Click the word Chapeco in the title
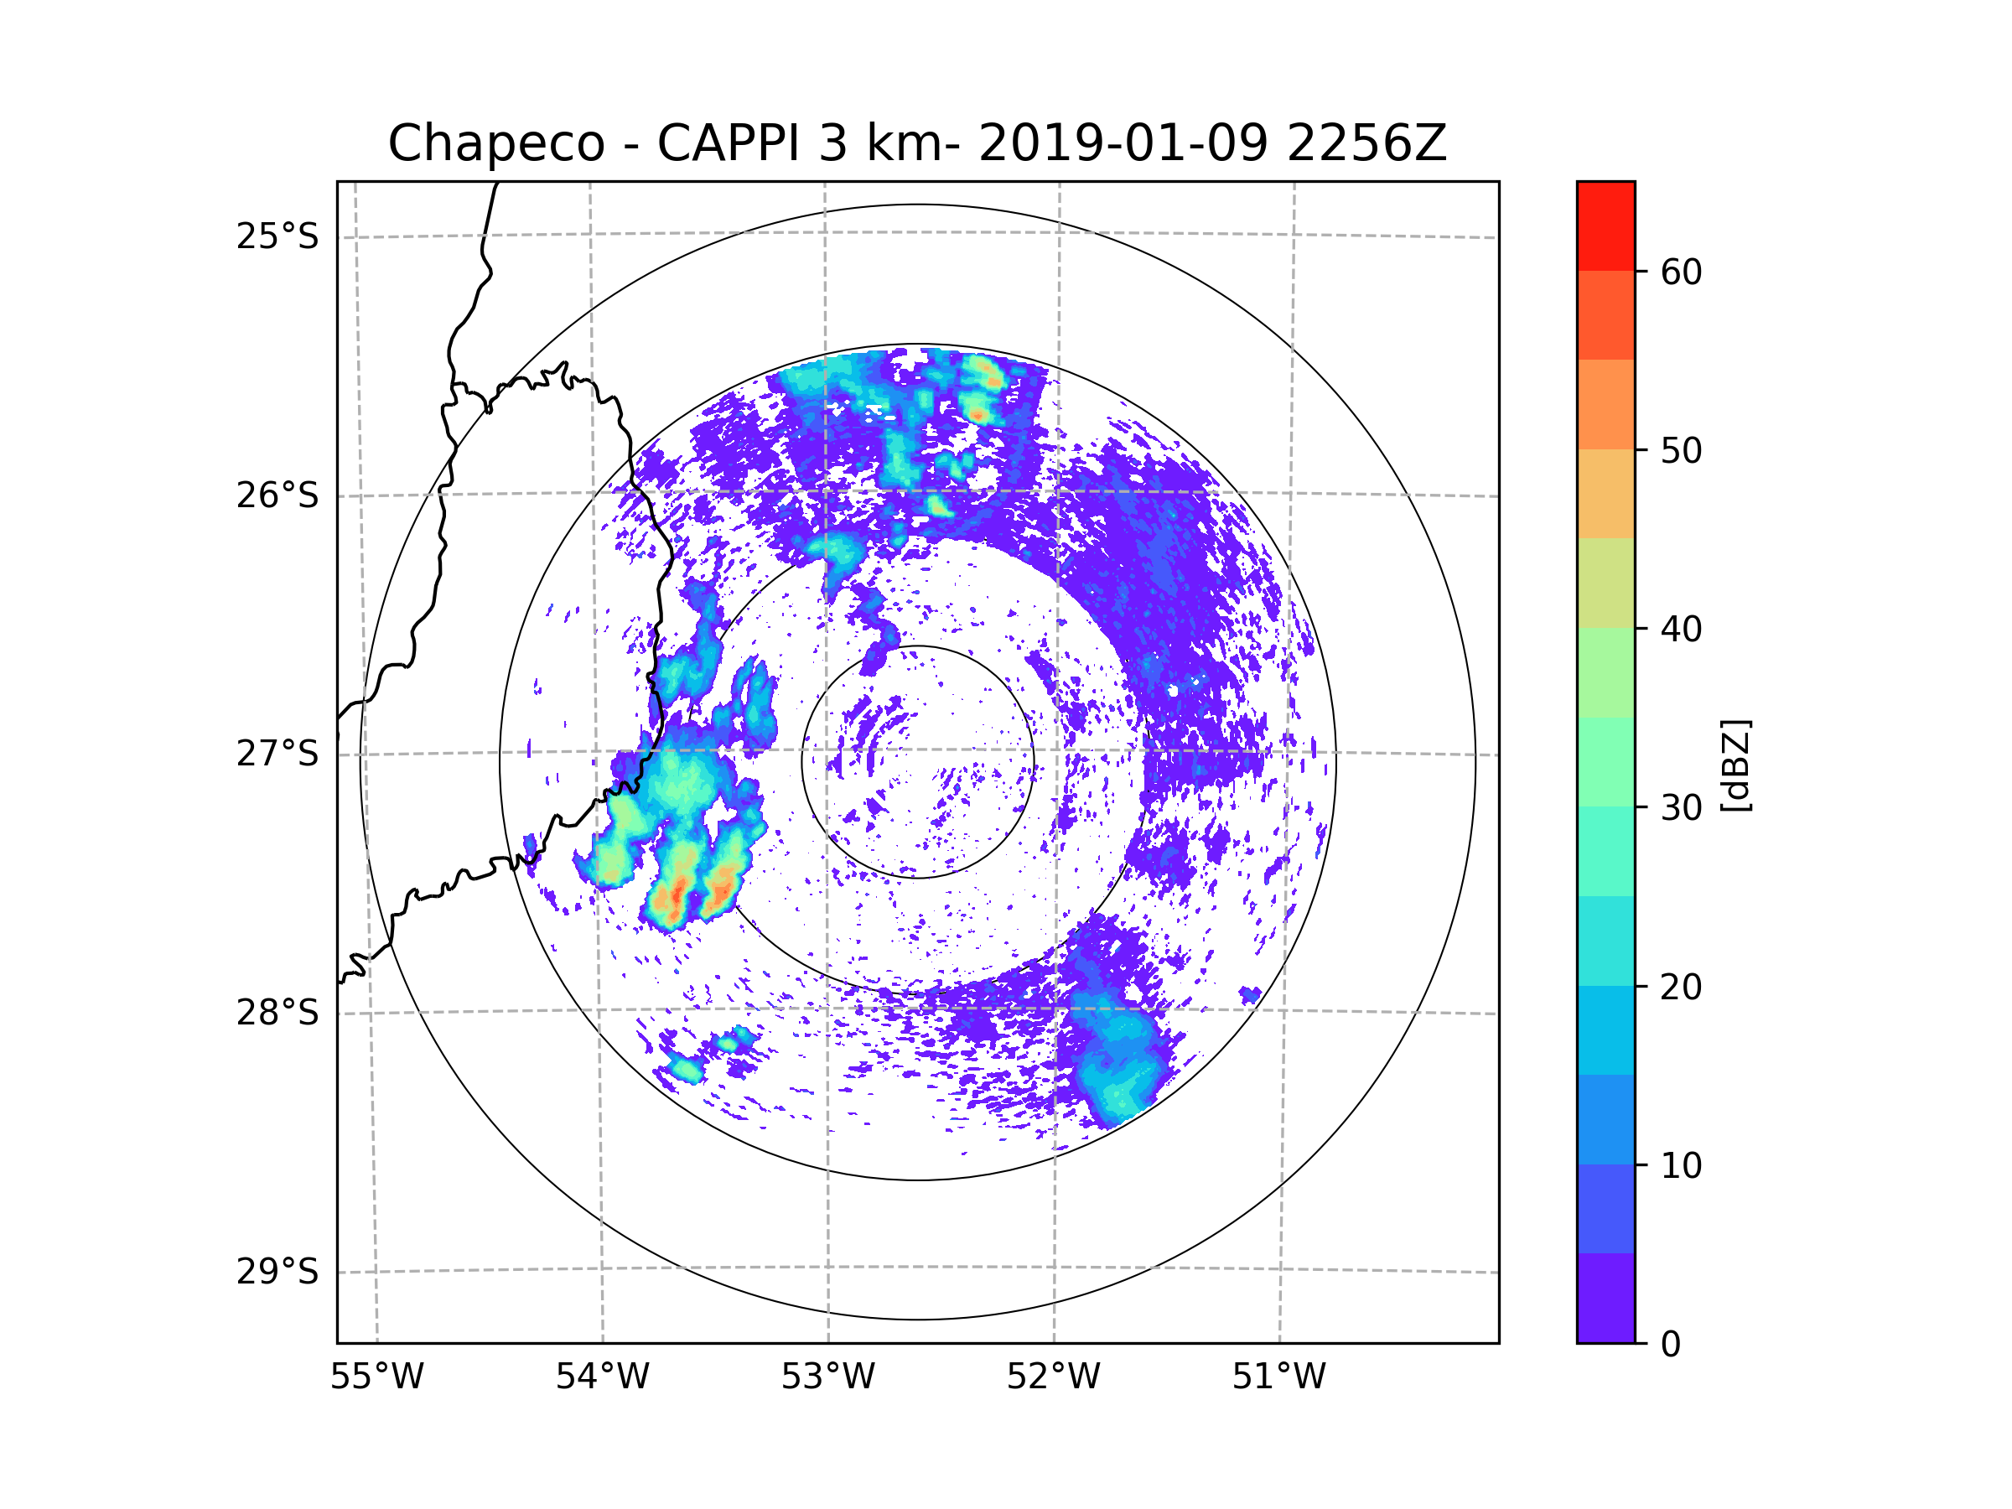(x=495, y=143)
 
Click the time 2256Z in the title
(x=1366, y=143)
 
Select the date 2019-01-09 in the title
(x=1123, y=143)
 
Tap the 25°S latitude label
(x=277, y=236)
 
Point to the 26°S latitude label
(x=277, y=495)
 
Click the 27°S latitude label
(x=277, y=754)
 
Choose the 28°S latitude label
(x=277, y=1013)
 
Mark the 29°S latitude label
(x=277, y=1272)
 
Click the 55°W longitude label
(x=376, y=1377)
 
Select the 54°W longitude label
(x=602, y=1377)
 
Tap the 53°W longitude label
(x=827, y=1377)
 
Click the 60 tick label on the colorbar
(x=1681, y=272)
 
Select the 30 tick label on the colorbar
(x=1681, y=807)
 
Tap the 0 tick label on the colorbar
(x=1671, y=1345)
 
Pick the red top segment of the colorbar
(x=1605, y=226)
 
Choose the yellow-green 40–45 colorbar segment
(x=1605, y=583)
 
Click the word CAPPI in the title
(x=728, y=143)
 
